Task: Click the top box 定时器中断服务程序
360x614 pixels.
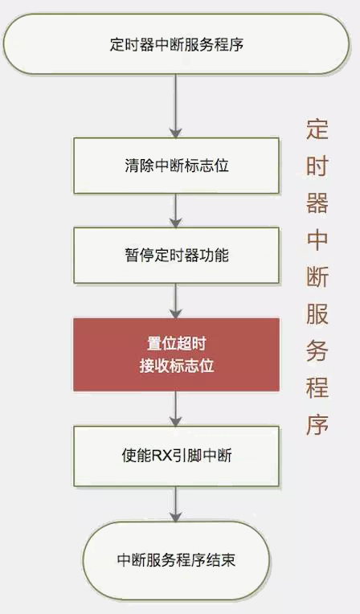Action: point(176,44)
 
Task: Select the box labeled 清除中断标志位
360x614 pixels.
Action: point(176,166)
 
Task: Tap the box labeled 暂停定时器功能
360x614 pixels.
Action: point(176,256)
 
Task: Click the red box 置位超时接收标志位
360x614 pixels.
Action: point(176,354)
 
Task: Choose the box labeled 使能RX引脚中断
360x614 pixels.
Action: point(176,456)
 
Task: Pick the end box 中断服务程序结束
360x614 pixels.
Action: point(176,560)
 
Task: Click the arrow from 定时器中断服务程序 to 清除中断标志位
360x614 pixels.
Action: point(175,106)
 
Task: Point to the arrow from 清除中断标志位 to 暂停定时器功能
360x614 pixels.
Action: point(175,211)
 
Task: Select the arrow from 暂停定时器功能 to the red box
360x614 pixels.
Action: point(175,301)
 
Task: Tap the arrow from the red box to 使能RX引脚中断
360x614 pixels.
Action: point(175,409)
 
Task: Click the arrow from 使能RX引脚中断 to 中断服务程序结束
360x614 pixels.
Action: point(175,504)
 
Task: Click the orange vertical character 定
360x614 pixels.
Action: point(317,129)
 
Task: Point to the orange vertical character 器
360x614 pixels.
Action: point(317,203)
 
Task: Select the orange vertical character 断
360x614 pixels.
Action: point(317,276)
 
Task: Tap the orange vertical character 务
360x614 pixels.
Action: point(317,350)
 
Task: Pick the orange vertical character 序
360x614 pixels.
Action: point(317,424)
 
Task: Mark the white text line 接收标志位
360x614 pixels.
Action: point(177,366)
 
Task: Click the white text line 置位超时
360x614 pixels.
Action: point(177,344)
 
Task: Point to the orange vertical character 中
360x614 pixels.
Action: point(317,239)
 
